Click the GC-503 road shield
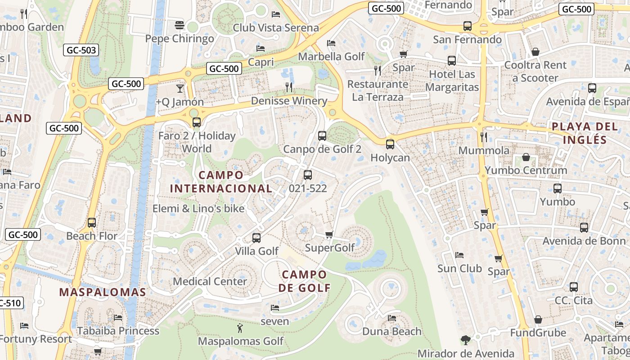click(x=81, y=50)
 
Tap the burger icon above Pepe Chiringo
click(x=179, y=25)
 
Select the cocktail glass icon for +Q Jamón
click(x=180, y=88)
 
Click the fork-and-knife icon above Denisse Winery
click(x=289, y=87)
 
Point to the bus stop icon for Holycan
click(x=390, y=144)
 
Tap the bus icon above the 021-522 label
click(x=308, y=175)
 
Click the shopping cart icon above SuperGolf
click(x=329, y=234)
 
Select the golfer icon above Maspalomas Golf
click(x=240, y=328)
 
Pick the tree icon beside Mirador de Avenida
click(x=466, y=340)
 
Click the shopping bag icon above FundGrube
click(x=538, y=319)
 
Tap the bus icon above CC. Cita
click(x=574, y=287)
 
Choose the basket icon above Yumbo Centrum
click(x=526, y=157)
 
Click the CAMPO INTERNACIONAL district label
click(x=221, y=182)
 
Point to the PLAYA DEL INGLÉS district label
click(x=585, y=133)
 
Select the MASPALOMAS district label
click(x=103, y=292)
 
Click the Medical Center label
click(x=210, y=281)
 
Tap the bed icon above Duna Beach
click(x=392, y=318)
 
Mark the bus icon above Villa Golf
click(x=256, y=238)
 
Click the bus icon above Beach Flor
click(x=92, y=222)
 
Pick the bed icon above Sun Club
click(x=459, y=255)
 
